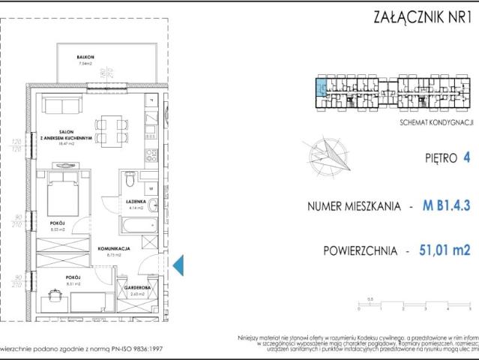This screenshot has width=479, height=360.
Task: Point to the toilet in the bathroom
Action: point(130,181)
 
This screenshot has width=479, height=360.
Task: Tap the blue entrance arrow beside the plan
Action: point(178,264)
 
